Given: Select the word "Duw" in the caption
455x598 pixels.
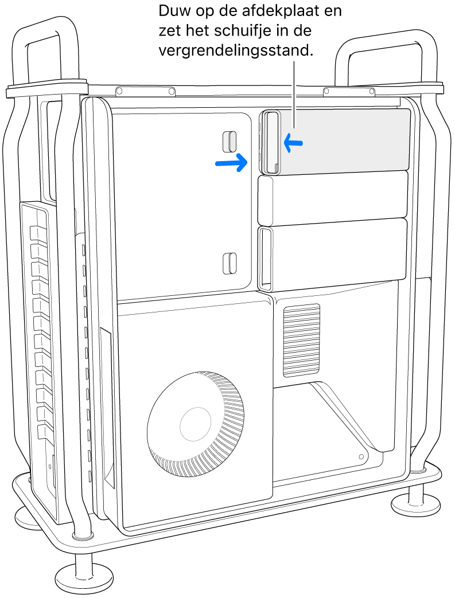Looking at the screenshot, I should [x=174, y=11].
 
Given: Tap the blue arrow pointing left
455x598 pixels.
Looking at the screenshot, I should [x=293, y=143].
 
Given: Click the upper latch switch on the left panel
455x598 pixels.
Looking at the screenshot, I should [x=230, y=140].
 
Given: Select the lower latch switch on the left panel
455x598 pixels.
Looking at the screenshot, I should [x=230, y=262].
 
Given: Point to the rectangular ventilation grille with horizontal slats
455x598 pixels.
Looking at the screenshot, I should [x=301, y=341].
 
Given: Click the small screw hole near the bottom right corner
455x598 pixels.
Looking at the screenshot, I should [x=360, y=457].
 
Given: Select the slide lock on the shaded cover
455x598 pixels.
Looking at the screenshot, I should [x=271, y=142].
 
